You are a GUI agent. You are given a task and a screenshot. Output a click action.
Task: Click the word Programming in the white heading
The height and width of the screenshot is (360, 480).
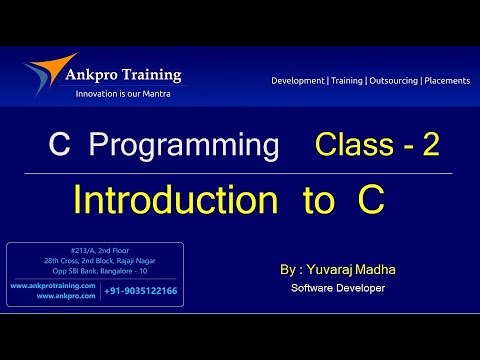click(x=183, y=147)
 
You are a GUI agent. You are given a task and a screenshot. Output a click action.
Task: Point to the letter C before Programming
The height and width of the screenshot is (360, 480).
click(x=58, y=147)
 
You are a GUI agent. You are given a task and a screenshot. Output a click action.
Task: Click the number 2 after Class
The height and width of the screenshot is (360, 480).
click(x=430, y=147)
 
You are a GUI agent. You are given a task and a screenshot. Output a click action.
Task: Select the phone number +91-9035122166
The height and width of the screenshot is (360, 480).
click(x=141, y=291)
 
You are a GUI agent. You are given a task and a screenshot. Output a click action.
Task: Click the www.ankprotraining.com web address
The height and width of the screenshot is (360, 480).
click(x=54, y=285)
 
